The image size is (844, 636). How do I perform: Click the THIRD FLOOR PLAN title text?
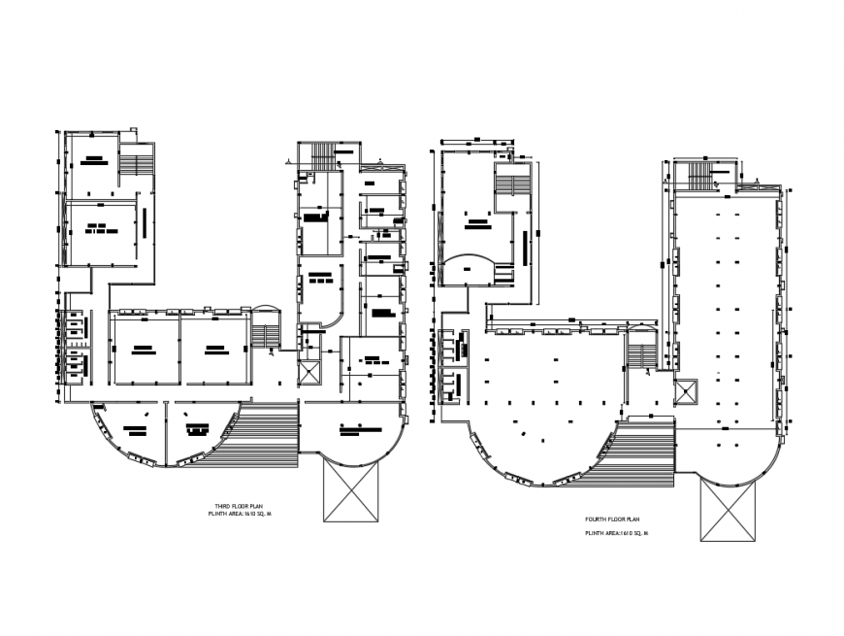pos(238,507)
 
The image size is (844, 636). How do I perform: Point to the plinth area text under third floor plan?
pos(243,517)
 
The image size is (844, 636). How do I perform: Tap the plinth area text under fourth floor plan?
pos(615,534)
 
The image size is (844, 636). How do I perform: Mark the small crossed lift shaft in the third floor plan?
pos(311,373)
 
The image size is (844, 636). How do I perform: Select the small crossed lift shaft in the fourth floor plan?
pos(685,389)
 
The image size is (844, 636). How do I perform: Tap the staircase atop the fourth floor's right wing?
pos(699,174)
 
